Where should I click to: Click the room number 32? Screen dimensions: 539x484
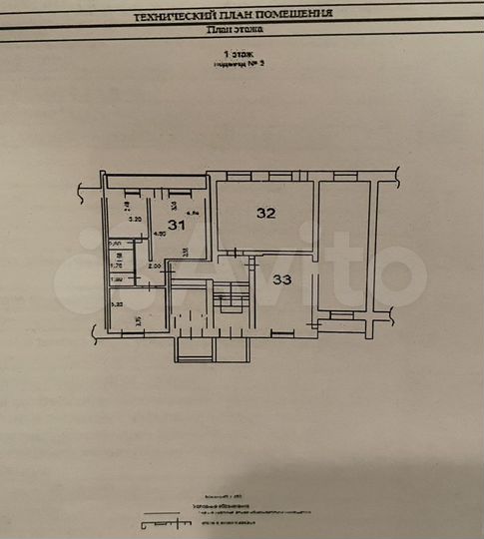(265, 213)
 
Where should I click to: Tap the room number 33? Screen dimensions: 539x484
(282, 280)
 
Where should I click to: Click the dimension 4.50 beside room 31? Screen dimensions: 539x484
(158, 236)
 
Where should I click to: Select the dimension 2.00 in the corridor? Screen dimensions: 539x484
(155, 267)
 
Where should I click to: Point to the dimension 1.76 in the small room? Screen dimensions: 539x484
(115, 267)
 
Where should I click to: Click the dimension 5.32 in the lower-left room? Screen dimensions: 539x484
(116, 305)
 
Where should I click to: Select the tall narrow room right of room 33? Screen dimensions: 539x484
(341, 245)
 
